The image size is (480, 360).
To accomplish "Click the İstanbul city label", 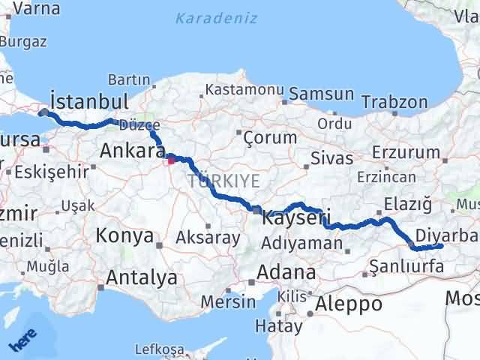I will (88, 101).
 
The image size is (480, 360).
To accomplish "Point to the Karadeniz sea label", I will (217, 18).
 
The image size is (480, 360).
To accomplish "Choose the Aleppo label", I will (349, 304).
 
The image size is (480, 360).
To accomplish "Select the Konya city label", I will (124, 236).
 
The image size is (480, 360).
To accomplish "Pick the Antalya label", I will (142, 277).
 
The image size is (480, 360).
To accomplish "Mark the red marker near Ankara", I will (171, 158).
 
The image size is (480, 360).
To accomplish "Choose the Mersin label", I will (232, 301).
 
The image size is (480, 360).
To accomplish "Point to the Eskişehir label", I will (52, 171).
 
